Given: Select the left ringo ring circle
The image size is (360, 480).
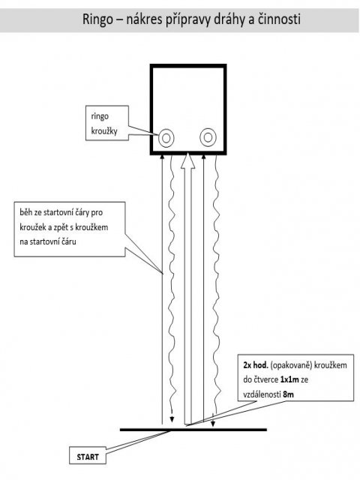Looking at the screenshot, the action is tap(166, 138).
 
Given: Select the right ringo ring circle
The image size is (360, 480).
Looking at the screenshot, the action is tap(208, 137).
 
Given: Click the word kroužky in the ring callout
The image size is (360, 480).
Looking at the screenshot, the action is tap(104, 131).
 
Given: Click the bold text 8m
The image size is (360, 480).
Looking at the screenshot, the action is tap(288, 394).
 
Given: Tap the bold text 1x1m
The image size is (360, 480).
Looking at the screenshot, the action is tap(289, 379).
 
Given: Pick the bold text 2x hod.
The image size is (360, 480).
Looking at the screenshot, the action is tap(256, 365).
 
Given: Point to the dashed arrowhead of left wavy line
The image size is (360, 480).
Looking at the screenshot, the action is tap(172, 418).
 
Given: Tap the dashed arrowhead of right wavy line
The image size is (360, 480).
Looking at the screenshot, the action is tap(213, 423).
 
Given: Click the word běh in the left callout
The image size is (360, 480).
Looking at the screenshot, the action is tap(25, 212).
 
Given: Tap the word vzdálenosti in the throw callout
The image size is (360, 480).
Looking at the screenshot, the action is tap(262, 394).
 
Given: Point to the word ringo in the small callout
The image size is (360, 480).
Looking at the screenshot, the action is tap(100, 117).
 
